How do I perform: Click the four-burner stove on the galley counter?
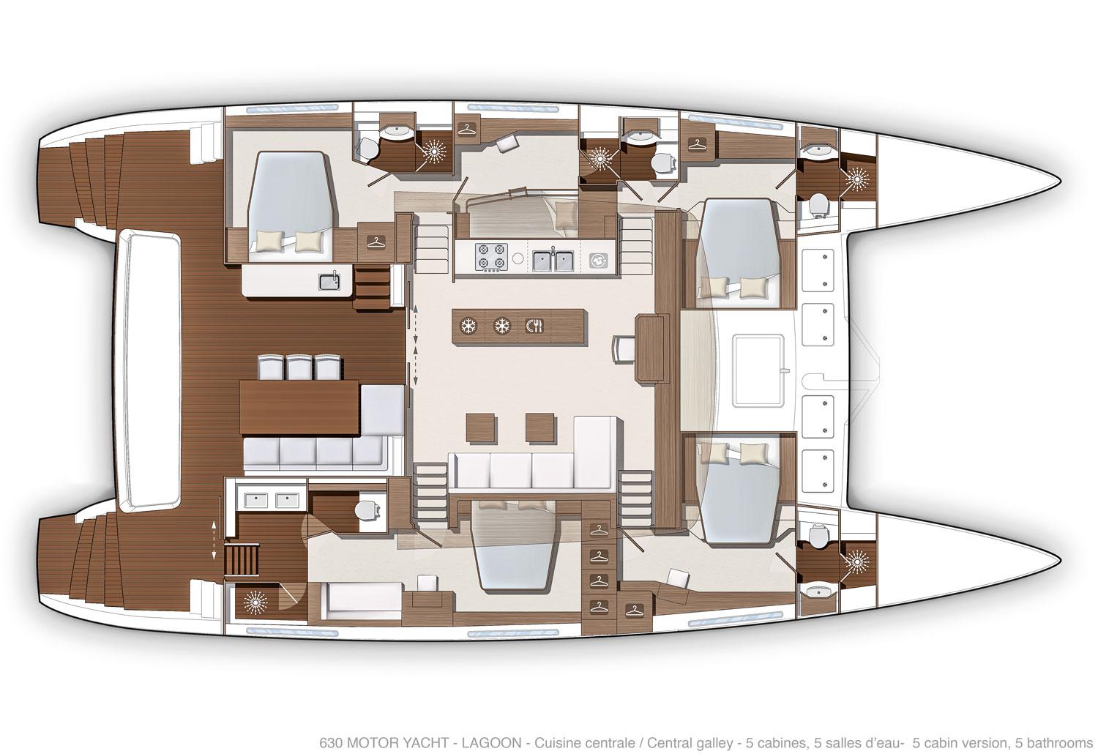point(490,256)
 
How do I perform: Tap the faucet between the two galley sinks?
point(553,252)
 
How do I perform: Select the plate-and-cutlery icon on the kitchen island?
point(534,326)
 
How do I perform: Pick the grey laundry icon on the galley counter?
point(599,260)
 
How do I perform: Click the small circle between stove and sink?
point(518,258)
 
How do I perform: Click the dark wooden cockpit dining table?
point(300,408)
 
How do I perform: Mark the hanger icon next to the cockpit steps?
point(376,242)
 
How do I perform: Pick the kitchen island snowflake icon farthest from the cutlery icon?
point(469,326)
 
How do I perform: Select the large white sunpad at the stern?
point(148,370)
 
